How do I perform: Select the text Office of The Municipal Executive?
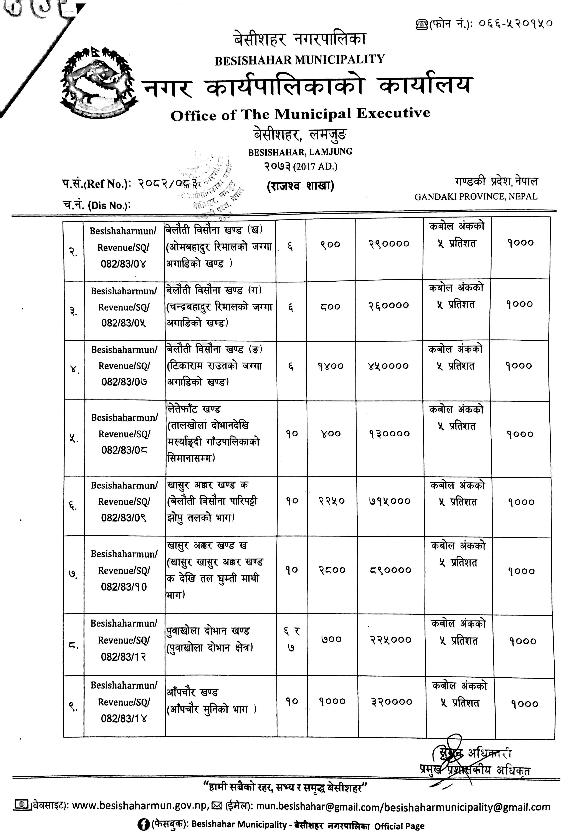(x=300, y=115)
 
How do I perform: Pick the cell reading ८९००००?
(x=391, y=570)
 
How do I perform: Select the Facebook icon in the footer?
(x=144, y=825)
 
